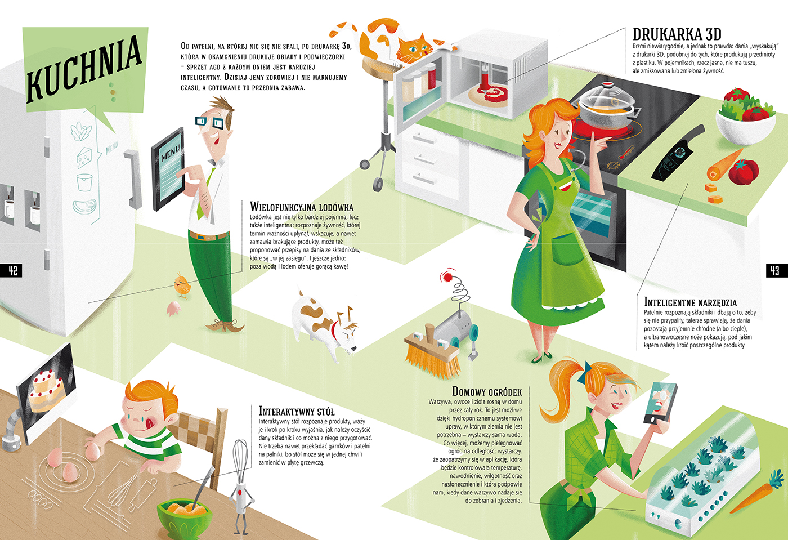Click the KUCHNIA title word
pos(84,67)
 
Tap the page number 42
pos(13,271)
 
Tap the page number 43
pos(774,271)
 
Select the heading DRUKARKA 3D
pos(677,34)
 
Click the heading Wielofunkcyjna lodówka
pos(302,207)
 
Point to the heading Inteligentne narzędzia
pos(690,302)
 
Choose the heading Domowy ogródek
pos(487,391)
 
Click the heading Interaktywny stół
pos(297,411)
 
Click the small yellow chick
pos(182,285)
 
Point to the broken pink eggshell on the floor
pos(174,309)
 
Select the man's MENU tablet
pos(168,169)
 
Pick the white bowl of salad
pos(745,118)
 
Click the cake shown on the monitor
pos(47,389)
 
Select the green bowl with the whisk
pos(184,518)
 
